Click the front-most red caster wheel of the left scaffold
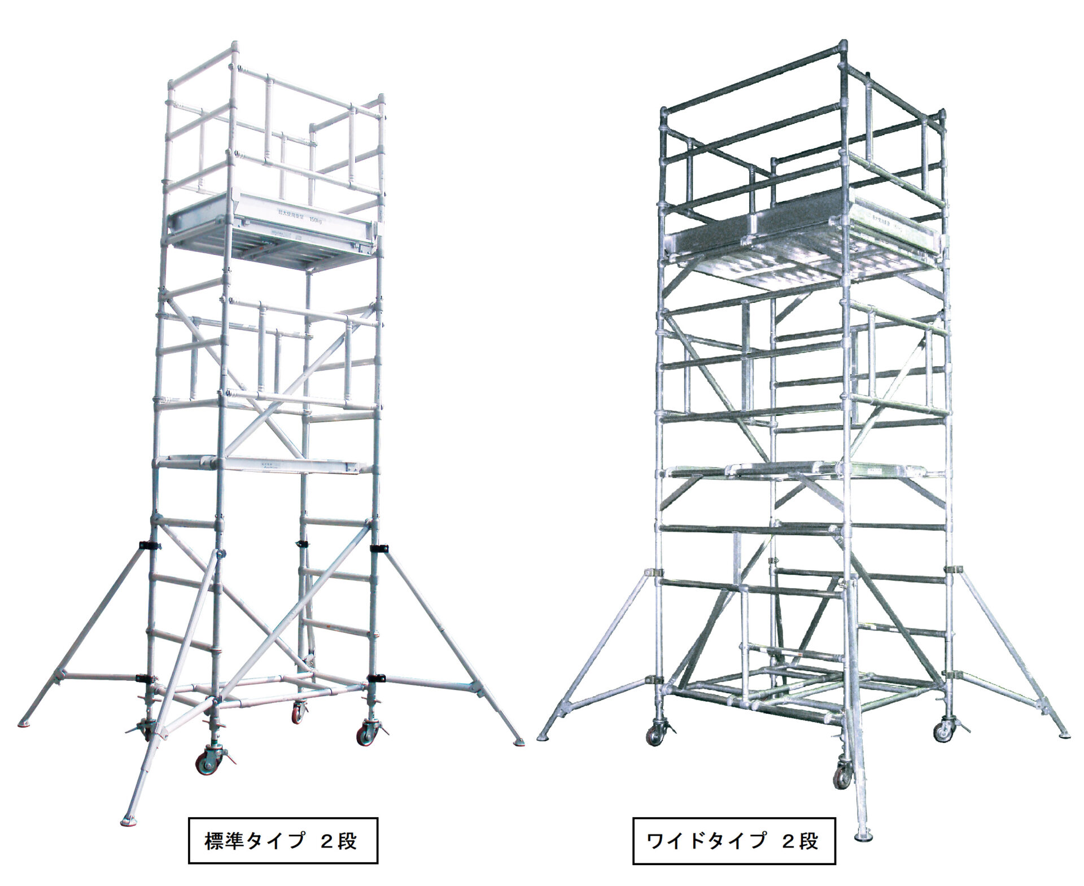click(203, 765)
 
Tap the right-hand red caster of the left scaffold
click(362, 735)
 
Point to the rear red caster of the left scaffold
click(297, 714)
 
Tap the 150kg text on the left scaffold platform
click(318, 220)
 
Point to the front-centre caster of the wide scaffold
click(841, 776)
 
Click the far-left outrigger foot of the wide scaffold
click(546, 735)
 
